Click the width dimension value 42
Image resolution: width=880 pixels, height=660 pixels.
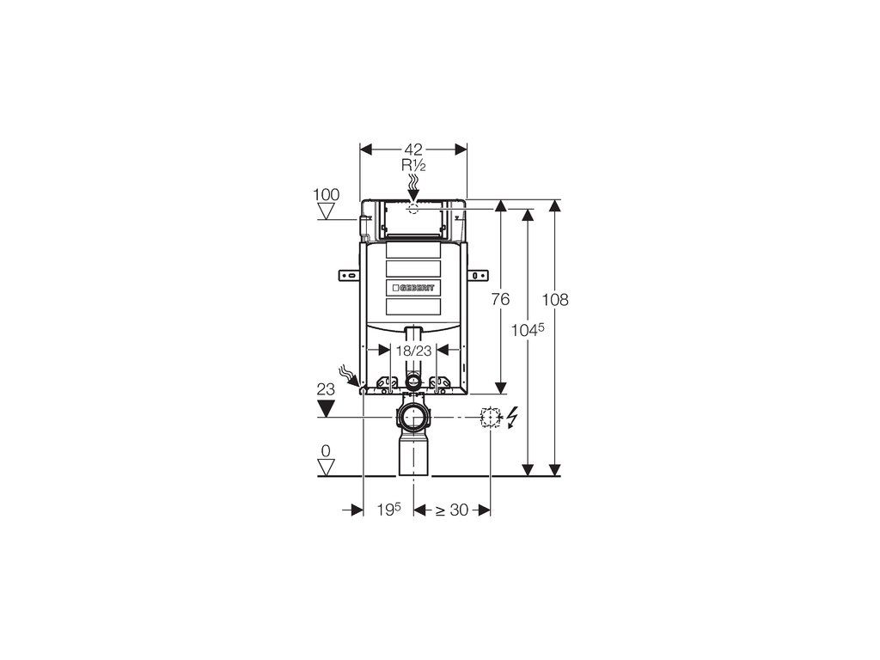coord(413,150)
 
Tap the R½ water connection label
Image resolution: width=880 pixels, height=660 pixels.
coord(413,165)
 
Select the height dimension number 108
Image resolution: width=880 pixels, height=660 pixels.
coord(555,300)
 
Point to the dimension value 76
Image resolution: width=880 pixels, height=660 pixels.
coord(500,300)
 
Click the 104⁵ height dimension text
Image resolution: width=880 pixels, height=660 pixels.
coord(528,330)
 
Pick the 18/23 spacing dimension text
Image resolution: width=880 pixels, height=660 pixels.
coord(413,351)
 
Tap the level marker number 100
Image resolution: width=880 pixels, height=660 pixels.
coord(326,195)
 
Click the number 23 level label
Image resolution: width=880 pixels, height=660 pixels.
coord(326,389)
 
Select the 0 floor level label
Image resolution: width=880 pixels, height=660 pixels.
coord(326,450)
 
